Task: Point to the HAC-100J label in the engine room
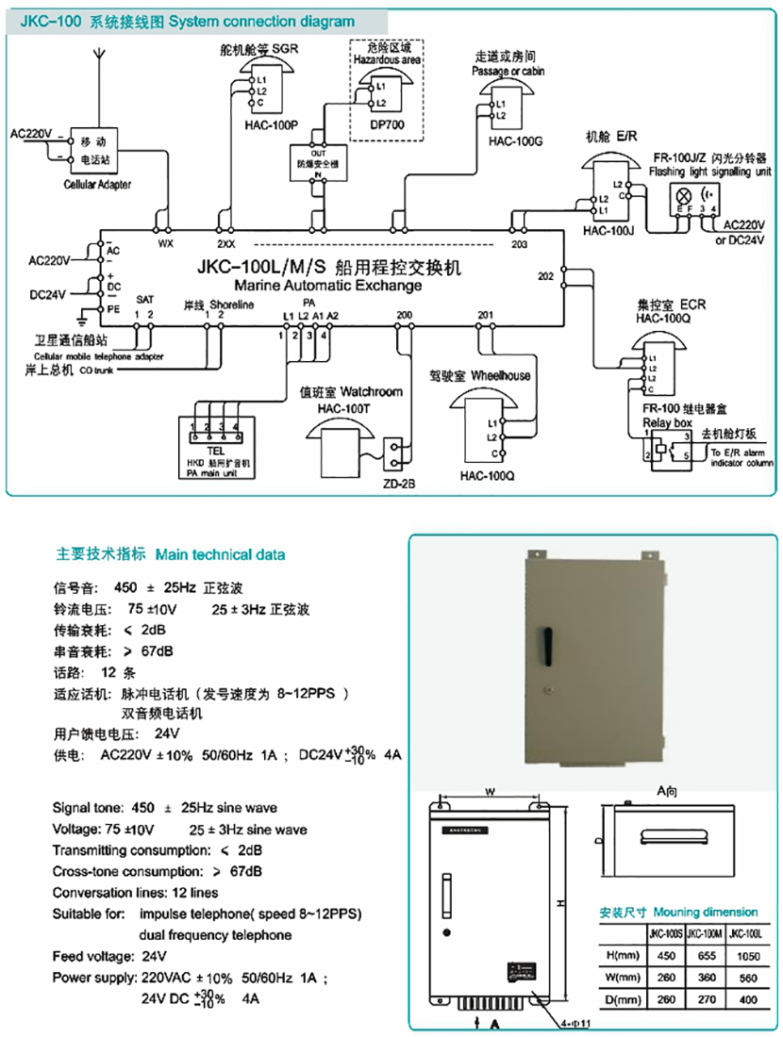click(x=608, y=229)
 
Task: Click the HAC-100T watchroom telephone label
click(x=347, y=407)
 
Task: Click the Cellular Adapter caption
click(x=97, y=185)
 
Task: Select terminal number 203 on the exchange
click(x=519, y=245)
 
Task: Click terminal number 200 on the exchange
click(x=405, y=315)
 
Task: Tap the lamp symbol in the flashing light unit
click(x=681, y=194)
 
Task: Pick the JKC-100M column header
click(x=699, y=934)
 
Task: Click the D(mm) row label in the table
click(x=622, y=998)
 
